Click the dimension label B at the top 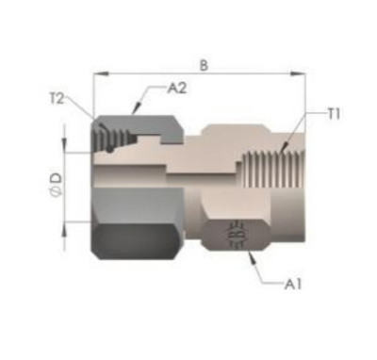(x=204, y=65)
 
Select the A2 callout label (x=177, y=89)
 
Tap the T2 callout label (x=57, y=99)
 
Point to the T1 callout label (x=334, y=115)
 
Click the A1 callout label (x=293, y=285)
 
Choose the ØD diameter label (x=57, y=186)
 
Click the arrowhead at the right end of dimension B (x=298, y=74)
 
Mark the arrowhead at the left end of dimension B (x=101, y=74)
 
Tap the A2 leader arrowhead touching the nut (x=137, y=108)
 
